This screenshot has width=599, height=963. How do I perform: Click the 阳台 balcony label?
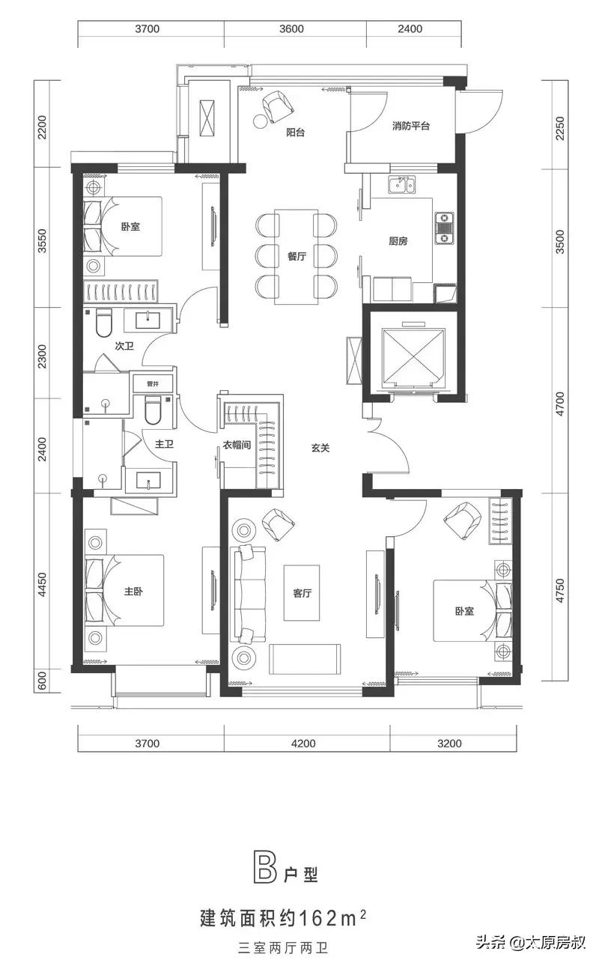[296, 132]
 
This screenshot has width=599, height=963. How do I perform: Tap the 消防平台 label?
[410, 126]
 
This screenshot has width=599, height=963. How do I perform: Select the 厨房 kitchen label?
[398, 241]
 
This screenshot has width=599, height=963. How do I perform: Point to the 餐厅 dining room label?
[297, 256]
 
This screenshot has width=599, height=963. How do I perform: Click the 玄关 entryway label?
[320, 448]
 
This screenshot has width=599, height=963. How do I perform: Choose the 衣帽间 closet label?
[237, 445]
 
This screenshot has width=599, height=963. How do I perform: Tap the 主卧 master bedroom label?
[133, 592]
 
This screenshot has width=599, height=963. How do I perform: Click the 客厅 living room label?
[302, 593]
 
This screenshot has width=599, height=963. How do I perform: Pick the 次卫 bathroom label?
[124, 346]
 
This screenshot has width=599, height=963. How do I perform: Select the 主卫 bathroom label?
[164, 443]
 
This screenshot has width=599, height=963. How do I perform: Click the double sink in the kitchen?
[402, 185]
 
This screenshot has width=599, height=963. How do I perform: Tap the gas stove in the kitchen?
[444, 228]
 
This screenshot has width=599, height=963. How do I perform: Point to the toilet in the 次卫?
[103, 323]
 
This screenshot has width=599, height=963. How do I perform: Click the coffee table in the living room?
[302, 593]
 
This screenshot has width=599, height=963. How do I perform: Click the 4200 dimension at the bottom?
[303, 744]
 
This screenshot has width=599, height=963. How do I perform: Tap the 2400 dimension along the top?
[410, 28]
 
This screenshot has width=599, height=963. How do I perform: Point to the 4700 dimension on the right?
[559, 404]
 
